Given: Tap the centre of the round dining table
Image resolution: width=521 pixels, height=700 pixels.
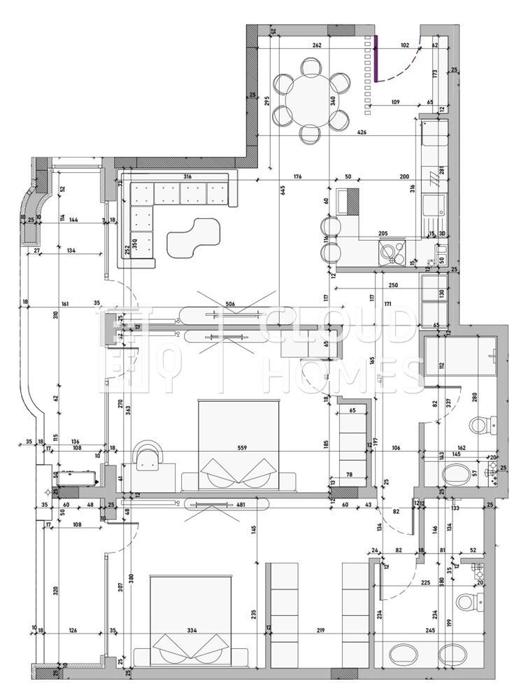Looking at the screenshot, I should point(313,99).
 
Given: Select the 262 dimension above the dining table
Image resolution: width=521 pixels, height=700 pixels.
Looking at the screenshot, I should point(317,45).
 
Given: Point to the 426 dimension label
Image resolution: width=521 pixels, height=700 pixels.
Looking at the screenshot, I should point(362,132).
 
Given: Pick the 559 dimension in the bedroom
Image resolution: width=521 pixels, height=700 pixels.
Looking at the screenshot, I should point(241,448).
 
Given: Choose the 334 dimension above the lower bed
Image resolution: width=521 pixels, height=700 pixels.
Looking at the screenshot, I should point(191,630).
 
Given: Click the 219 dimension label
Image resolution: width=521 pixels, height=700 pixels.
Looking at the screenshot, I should point(320,630).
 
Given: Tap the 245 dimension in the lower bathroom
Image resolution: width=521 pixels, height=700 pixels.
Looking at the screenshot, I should point(429,630).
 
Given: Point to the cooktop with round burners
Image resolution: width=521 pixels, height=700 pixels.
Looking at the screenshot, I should point(390,250).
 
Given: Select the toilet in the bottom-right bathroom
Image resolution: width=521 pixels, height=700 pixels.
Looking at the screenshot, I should point(467,601).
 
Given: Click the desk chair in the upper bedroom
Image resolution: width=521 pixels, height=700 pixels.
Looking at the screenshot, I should point(148,456).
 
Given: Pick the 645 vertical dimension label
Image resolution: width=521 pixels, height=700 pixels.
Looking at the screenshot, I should point(284,191).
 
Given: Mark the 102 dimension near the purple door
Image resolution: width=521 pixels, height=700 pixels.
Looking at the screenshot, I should point(404,45).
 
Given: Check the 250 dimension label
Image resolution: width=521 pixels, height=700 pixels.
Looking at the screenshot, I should point(393,286).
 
